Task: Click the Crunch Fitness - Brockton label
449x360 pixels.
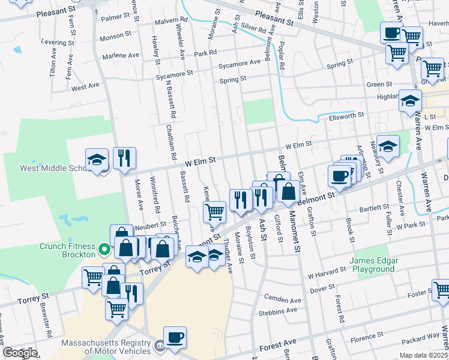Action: tap(67, 250)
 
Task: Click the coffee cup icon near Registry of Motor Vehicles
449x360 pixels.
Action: tap(175, 338)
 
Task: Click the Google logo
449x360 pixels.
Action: tap(20, 353)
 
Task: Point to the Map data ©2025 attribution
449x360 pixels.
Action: tap(424, 355)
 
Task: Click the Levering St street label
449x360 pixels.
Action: tap(58, 43)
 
